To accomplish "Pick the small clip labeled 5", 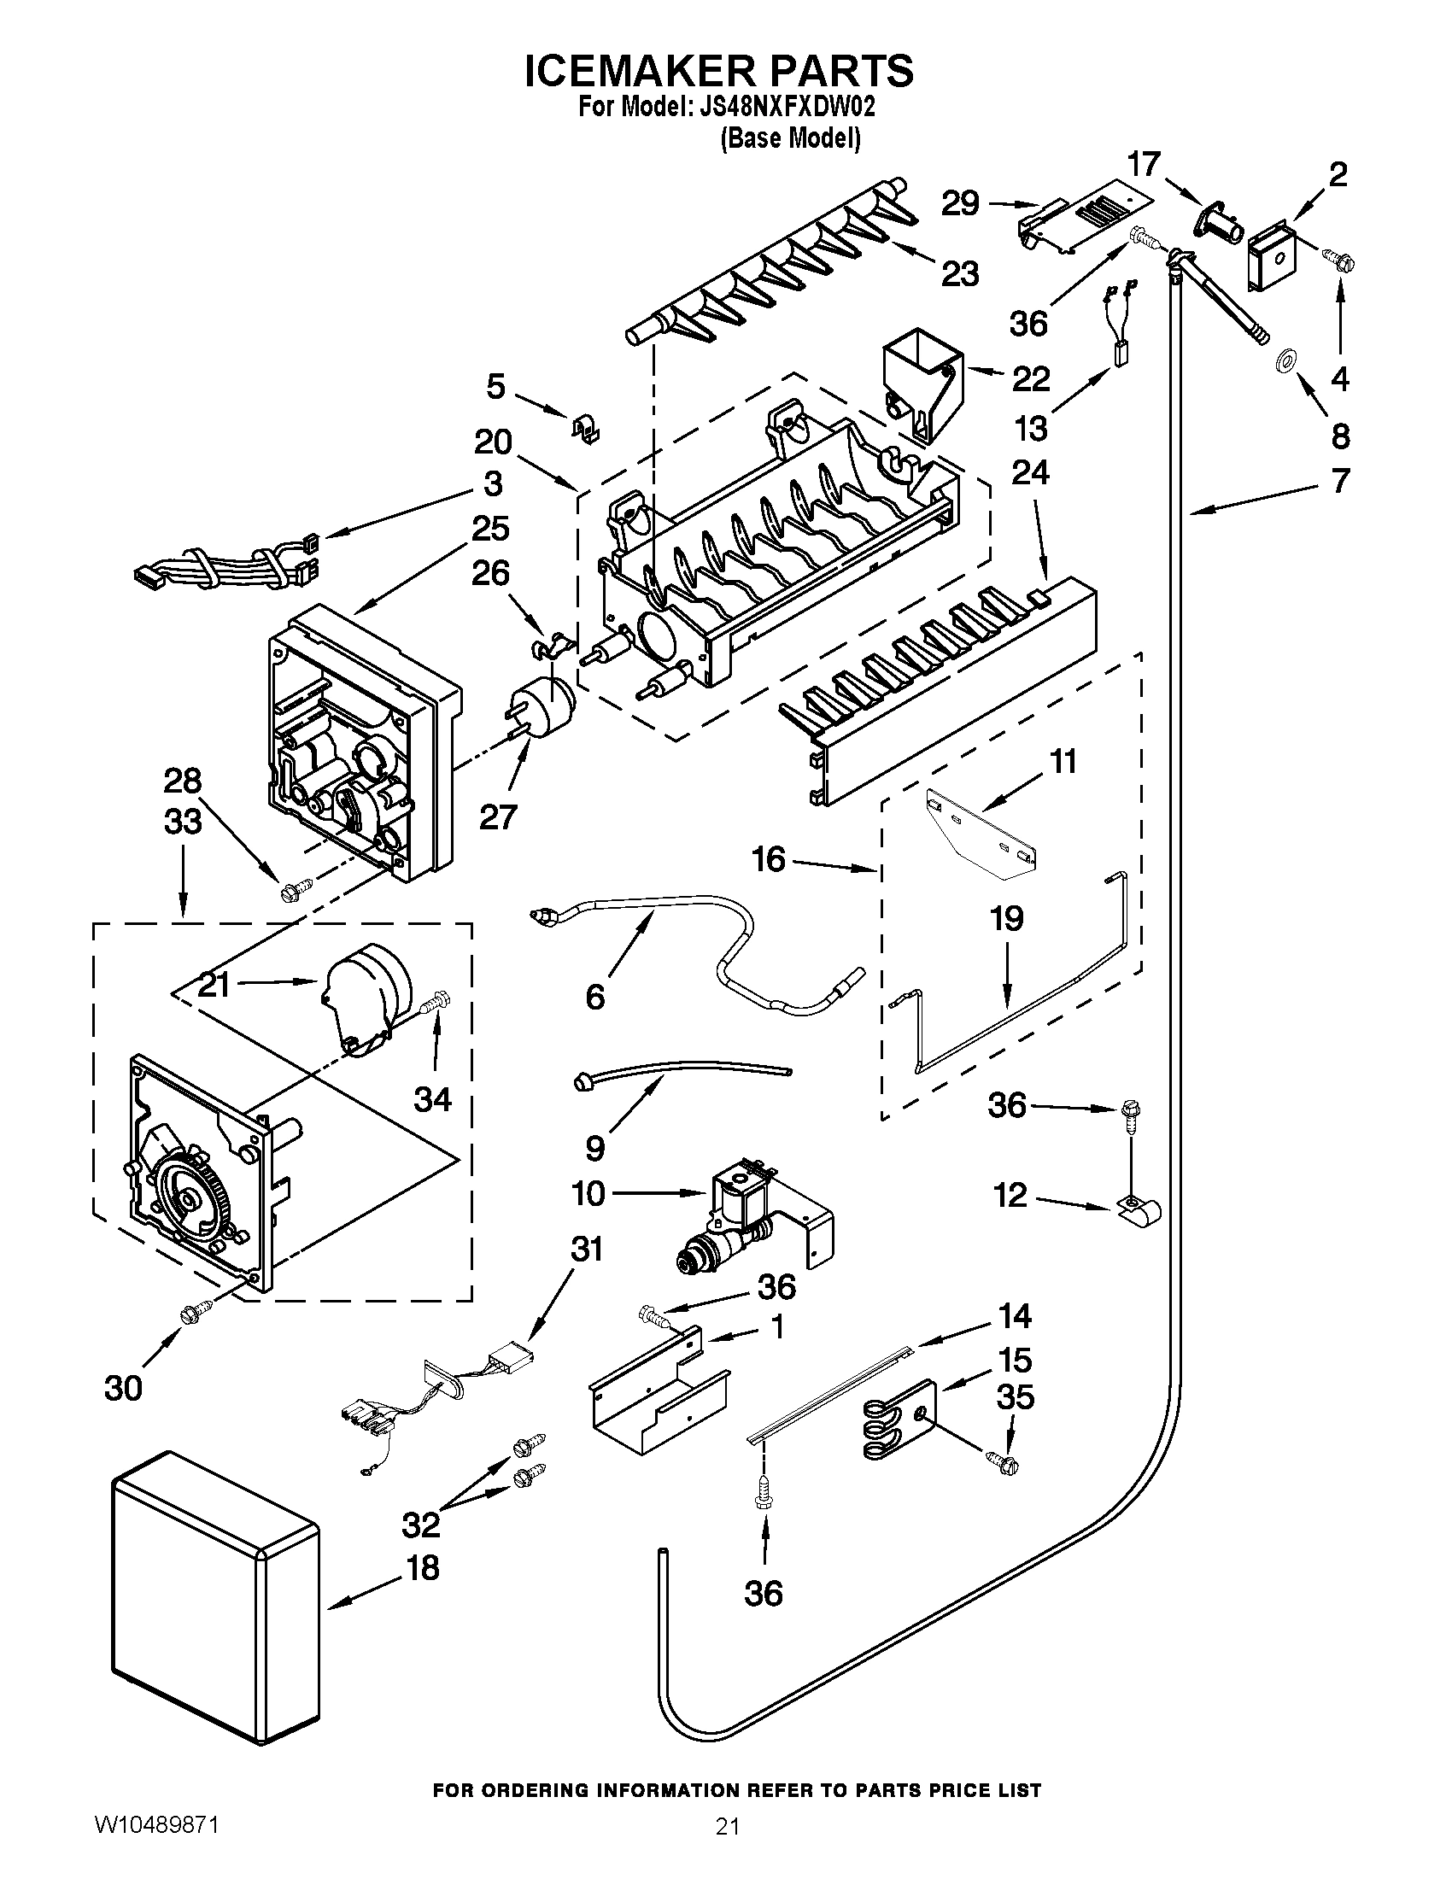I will tap(586, 428).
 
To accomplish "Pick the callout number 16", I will tap(768, 858).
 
